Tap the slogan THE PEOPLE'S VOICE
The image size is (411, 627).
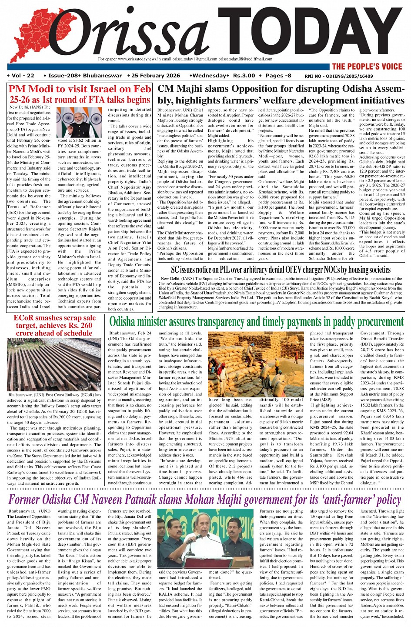(367, 67)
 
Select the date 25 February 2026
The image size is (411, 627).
(156, 76)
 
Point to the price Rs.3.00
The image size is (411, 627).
(244, 76)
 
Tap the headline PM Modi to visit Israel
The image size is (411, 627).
(80, 94)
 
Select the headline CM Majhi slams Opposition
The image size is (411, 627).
(281, 94)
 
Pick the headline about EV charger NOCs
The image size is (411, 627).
(281, 270)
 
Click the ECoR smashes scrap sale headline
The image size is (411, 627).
(54, 325)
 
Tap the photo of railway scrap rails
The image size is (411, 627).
(54, 364)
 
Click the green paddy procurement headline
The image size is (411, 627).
(256, 322)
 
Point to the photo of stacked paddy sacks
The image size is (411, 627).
(256, 364)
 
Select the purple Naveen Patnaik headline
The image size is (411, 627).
(204, 499)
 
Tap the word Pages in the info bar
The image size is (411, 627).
(274, 76)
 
